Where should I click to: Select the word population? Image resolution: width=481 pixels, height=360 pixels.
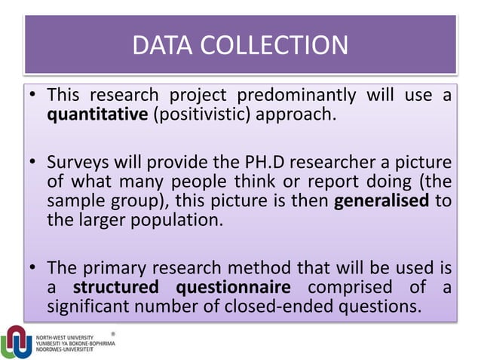coord(177,222)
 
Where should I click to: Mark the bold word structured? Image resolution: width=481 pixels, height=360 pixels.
coord(118,288)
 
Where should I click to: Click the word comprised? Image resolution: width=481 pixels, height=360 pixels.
coord(350,288)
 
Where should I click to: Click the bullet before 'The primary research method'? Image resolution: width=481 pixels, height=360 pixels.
coord(32,269)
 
